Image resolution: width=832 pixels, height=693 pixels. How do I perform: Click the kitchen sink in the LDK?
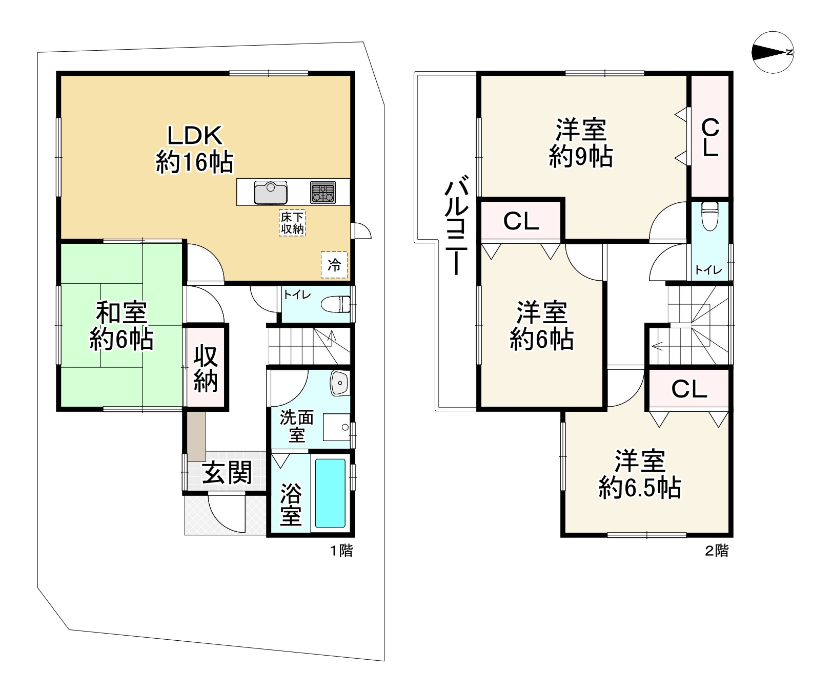(x=270, y=193)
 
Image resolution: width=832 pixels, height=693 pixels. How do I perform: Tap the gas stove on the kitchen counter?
(x=322, y=192)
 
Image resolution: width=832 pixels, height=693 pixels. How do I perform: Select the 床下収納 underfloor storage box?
(x=292, y=223)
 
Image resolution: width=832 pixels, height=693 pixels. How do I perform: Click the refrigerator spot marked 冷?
(x=334, y=265)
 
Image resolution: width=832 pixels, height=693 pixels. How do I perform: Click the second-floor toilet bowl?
(x=709, y=216)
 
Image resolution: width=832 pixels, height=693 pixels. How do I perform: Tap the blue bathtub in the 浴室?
(x=330, y=493)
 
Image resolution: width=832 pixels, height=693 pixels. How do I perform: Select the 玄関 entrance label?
(x=227, y=472)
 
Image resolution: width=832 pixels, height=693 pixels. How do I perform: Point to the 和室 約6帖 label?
(x=121, y=326)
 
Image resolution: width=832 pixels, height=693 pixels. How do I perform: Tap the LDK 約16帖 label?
(x=194, y=149)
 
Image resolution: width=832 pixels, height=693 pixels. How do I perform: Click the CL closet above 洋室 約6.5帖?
(x=688, y=389)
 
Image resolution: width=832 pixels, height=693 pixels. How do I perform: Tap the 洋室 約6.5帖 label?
(x=640, y=474)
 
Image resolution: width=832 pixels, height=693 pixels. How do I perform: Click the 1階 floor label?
(x=341, y=551)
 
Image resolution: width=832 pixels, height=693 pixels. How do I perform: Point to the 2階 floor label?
(x=717, y=551)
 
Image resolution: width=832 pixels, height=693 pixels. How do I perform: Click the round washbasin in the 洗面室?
(x=339, y=383)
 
